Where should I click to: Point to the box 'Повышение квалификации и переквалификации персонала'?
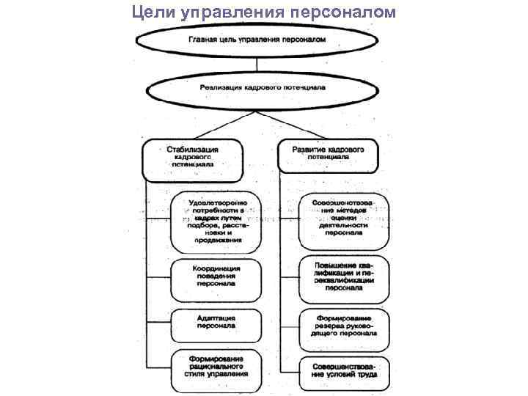pyautogui.click(x=343, y=278)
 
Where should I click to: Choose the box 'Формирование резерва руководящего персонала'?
pyautogui.click(x=343, y=325)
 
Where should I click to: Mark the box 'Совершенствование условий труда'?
pyautogui.click(x=343, y=370)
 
